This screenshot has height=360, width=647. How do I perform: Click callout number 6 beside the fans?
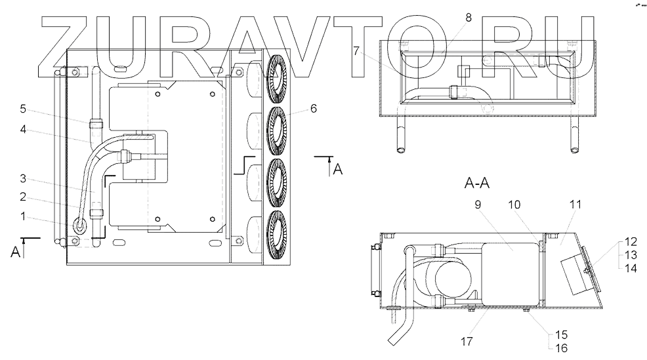click(x=314, y=108)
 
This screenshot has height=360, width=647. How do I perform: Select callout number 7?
click(x=356, y=51)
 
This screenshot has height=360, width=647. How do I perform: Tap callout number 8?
click(x=468, y=18)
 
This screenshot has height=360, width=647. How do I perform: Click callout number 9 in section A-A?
click(x=478, y=205)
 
